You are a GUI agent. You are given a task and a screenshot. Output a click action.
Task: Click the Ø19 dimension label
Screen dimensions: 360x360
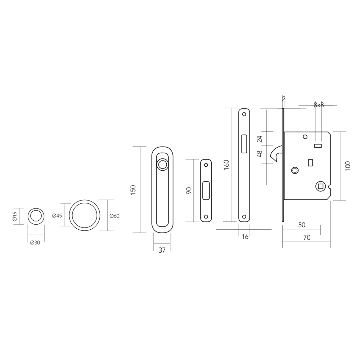15,216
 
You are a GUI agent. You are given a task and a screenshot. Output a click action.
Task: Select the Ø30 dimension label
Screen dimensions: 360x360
35,242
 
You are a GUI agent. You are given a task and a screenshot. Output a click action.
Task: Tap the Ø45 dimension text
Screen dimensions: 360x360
57,216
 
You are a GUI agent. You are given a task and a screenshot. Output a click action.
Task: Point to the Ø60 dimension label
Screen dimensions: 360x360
114,216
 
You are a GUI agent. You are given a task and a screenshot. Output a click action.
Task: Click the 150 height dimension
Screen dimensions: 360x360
133,190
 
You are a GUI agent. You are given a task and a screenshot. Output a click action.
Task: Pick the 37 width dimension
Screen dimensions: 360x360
162,250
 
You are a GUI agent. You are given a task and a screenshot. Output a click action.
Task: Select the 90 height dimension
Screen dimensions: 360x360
189,190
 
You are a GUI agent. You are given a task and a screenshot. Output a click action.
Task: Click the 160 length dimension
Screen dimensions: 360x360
226,165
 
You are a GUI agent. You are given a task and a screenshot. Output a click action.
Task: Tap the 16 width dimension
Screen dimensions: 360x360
245,237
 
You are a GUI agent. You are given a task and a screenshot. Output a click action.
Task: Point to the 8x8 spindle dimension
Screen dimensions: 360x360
319,105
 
